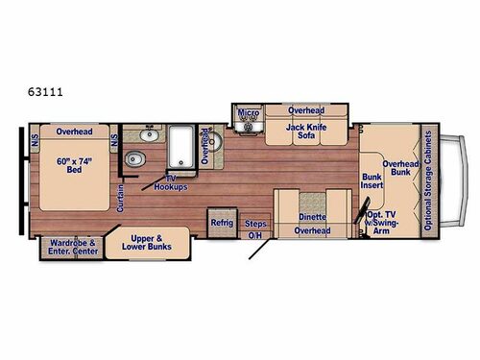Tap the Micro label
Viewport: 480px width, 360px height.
point(247,112)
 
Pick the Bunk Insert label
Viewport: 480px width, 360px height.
point(372,182)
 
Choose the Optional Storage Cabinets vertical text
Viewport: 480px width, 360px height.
point(429,181)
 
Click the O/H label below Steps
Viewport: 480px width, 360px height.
point(254,235)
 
